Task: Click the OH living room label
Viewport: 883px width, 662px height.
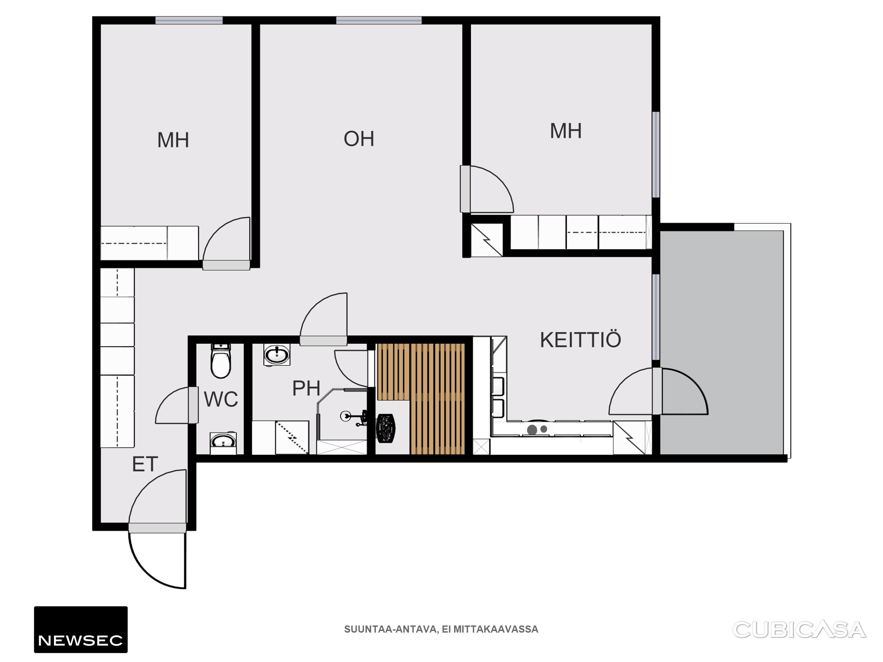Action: [x=359, y=139]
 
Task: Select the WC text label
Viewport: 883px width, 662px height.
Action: [x=221, y=399]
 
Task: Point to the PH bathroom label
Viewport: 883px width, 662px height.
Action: [x=306, y=388]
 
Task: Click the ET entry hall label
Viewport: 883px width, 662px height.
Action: [x=145, y=464]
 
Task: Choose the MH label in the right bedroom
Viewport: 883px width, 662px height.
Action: [x=566, y=131]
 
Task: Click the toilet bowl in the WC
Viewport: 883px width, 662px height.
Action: [x=221, y=361]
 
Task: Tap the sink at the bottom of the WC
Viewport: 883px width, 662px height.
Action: [x=223, y=443]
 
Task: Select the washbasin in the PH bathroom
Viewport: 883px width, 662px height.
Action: [x=277, y=354]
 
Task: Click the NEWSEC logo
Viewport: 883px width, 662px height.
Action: [x=81, y=630]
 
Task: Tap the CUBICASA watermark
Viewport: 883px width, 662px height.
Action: [x=799, y=630]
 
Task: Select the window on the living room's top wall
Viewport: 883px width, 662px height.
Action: [x=379, y=20]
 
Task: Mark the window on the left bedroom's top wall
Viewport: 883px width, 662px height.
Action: [x=189, y=20]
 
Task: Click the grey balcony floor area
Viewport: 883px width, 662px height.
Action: [x=722, y=342]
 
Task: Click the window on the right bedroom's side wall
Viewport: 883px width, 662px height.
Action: [x=656, y=155]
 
